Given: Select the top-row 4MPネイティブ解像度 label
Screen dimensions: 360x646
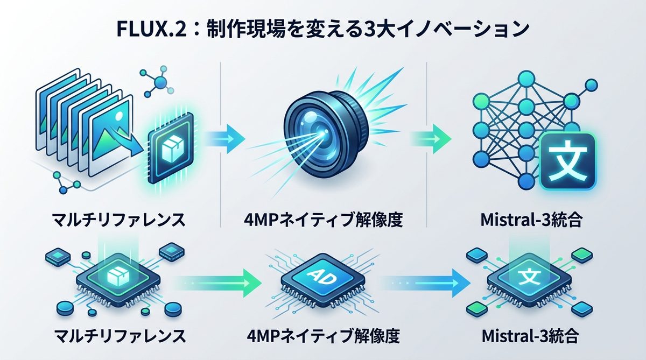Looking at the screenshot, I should pyautogui.click(x=323, y=220).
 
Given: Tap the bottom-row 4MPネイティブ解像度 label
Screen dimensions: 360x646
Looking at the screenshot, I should pyautogui.click(x=322, y=337).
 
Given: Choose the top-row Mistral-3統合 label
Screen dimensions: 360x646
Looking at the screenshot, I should pyautogui.click(x=531, y=220).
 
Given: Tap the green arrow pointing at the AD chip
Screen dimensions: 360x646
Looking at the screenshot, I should pyautogui.click(x=215, y=280).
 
